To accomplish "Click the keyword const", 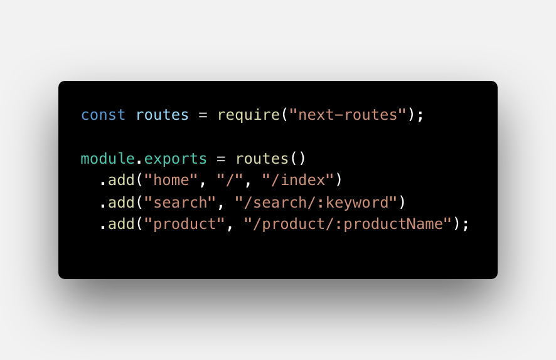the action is [x=104, y=115].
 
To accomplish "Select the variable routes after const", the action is [x=163, y=115].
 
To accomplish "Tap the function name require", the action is [x=249, y=115].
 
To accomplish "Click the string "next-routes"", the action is [x=348, y=115].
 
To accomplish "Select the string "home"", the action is [x=171, y=180].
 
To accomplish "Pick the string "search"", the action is [x=181, y=202].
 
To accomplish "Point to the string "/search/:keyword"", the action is [x=316, y=202].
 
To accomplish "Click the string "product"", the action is [x=185, y=223].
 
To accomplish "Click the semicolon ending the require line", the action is [x=420, y=115].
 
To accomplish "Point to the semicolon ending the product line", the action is [x=466, y=225].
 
